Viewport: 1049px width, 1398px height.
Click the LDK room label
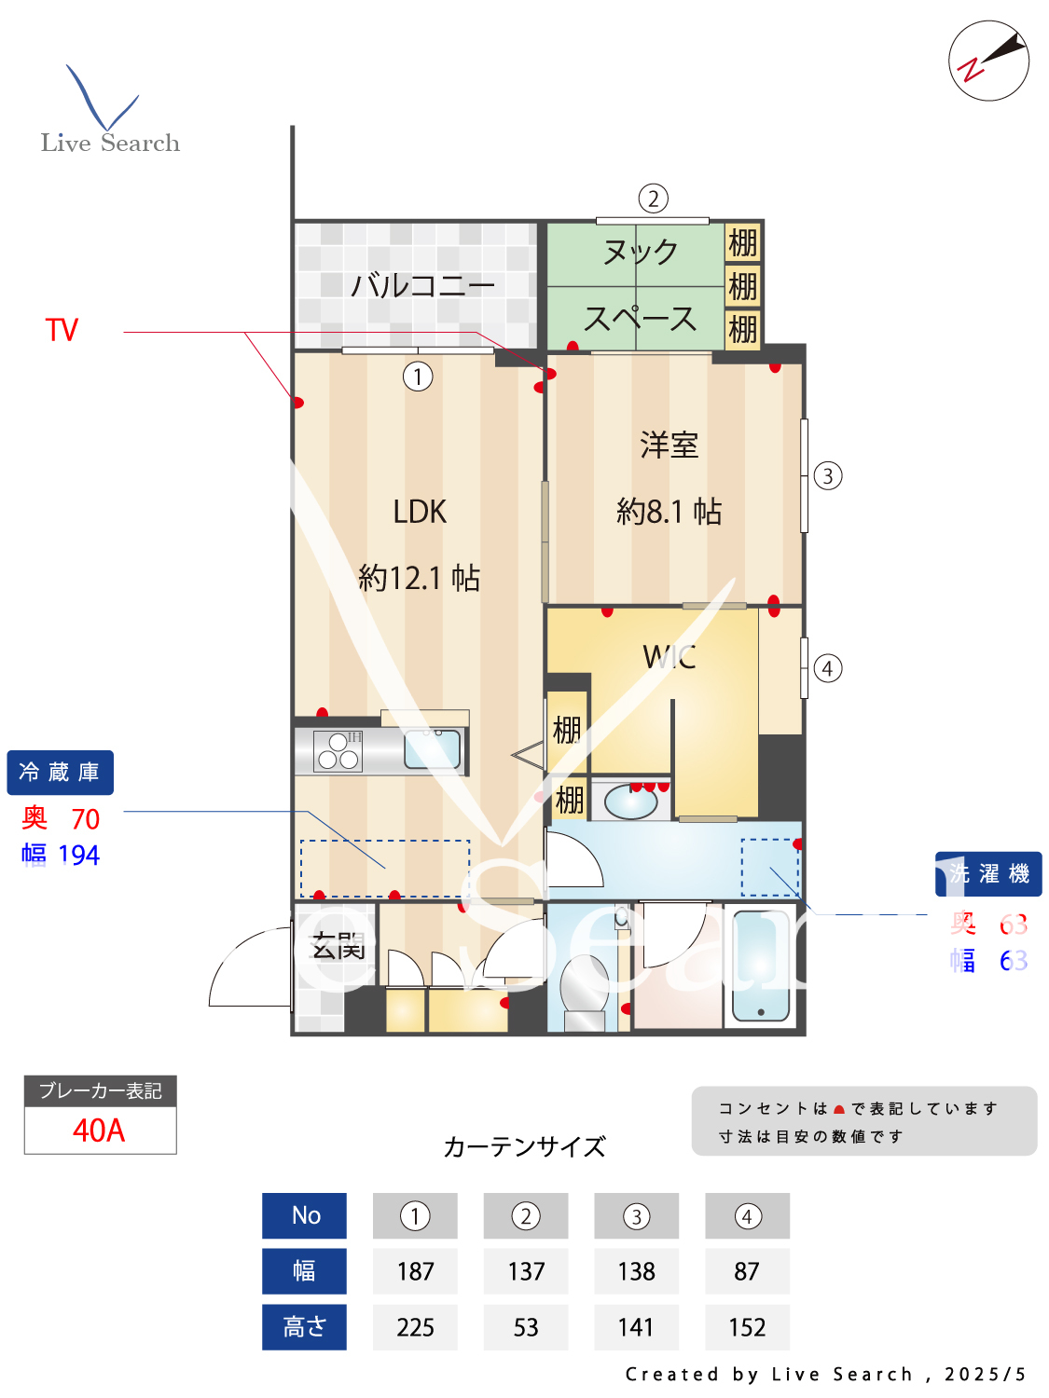pyautogui.click(x=420, y=512)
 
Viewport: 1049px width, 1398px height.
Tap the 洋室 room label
pyautogui.click(x=669, y=445)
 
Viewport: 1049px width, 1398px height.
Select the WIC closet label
pyautogui.click(x=669, y=657)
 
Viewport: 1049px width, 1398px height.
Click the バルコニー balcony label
pyautogui.click(x=422, y=285)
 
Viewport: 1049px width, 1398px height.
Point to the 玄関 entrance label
pyautogui.click(x=338, y=947)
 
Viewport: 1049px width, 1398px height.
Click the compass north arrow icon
pyautogui.click(x=989, y=61)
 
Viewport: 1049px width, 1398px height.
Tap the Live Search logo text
pyautogui.click(x=110, y=143)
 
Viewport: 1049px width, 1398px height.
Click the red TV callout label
pyautogui.click(x=62, y=330)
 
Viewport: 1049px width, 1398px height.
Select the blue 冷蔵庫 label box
pyautogui.click(x=61, y=773)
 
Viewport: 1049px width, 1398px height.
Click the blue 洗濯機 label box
pyautogui.click(x=988, y=874)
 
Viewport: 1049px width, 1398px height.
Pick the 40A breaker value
pyautogui.click(x=99, y=1131)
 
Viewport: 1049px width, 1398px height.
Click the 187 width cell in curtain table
pyautogui.click(x=415, y=1271)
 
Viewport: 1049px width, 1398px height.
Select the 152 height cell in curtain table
pyautogui.click(x=747, y=1327)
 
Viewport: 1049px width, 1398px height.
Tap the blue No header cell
pyautogui.click(x=305, y=1215)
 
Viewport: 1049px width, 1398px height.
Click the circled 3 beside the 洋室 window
pyautogui.click(x=828, y=476)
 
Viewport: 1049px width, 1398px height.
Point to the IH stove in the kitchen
pyautogui.click(x=338, y=751)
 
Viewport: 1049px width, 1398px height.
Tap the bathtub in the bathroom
pyautogui.click(x=761, y=966)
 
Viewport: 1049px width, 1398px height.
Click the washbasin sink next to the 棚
pyautogui.click(x=629, y=802)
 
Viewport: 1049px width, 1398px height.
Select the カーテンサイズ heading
pyautogui.click(x=524, y=1146)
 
